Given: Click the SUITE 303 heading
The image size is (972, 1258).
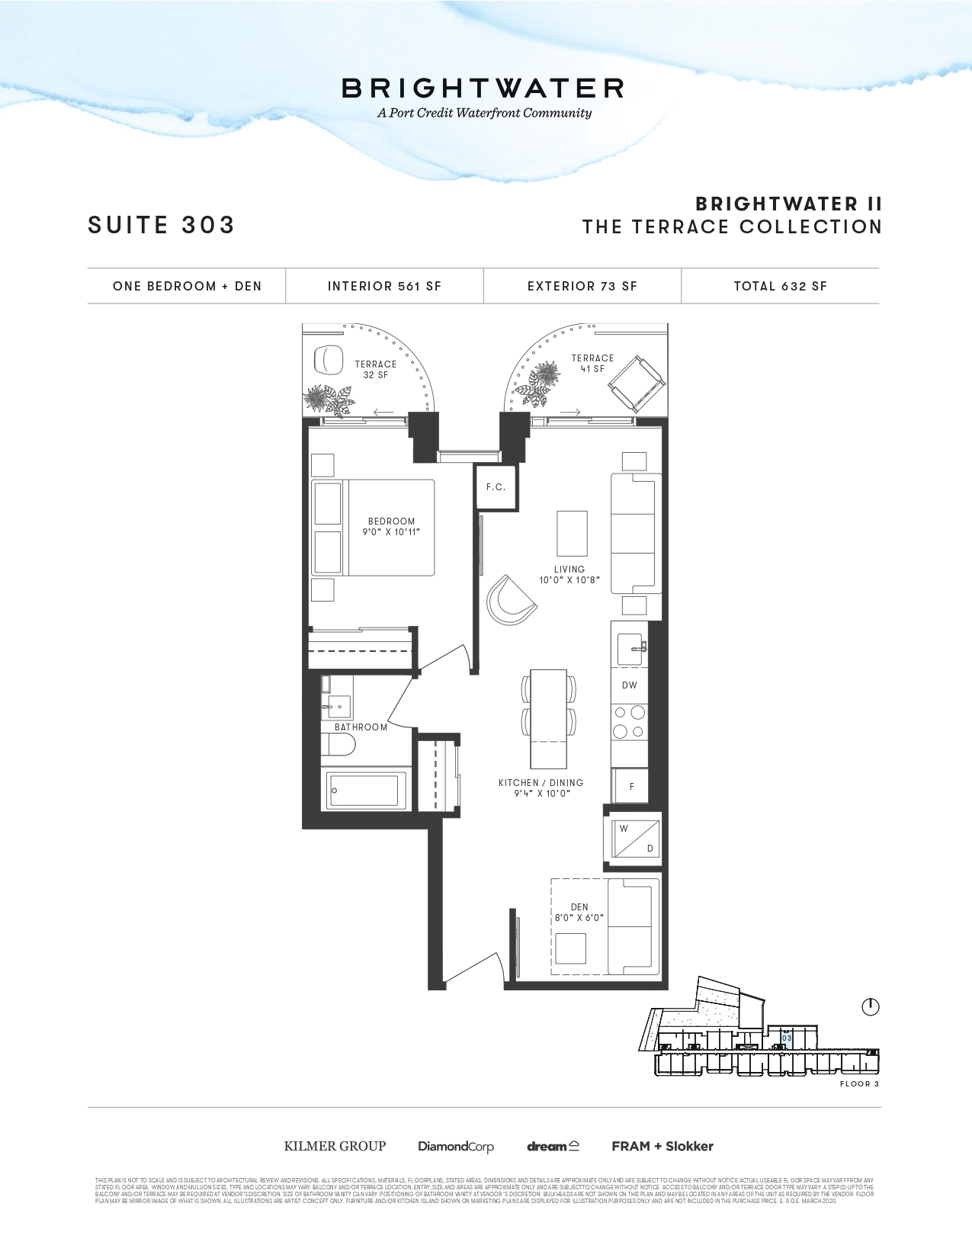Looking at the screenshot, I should coord(161,226).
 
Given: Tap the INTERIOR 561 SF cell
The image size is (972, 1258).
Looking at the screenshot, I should coord(384,287).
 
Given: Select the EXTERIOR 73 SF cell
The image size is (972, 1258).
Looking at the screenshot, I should coord(582,287).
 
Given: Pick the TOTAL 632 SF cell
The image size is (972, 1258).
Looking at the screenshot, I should coord(780,287).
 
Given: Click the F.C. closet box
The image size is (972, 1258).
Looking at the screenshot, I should coord(496,487).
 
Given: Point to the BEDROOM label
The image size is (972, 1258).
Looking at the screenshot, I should coord(391,522).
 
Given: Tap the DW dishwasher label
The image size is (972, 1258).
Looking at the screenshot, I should coord(630,685).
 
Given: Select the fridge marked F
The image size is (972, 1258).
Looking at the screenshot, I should coord(631,786).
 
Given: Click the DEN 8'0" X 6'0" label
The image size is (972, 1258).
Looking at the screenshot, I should coord(579,913).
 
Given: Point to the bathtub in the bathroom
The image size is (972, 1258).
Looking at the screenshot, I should coord(364,791).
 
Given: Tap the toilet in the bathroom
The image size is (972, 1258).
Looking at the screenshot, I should coord(340,744).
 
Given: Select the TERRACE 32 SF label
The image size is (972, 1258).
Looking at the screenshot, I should coord(376,370).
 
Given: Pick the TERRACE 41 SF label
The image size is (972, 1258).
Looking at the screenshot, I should coord(592,364).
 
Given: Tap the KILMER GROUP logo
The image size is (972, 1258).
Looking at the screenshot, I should coord(335,1146).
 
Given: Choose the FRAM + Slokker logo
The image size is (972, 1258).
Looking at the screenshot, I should coord(662,1146).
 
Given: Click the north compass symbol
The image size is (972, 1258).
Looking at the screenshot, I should coord(870,1006).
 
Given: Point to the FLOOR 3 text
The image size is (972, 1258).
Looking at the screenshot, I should coord(859,1084).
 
